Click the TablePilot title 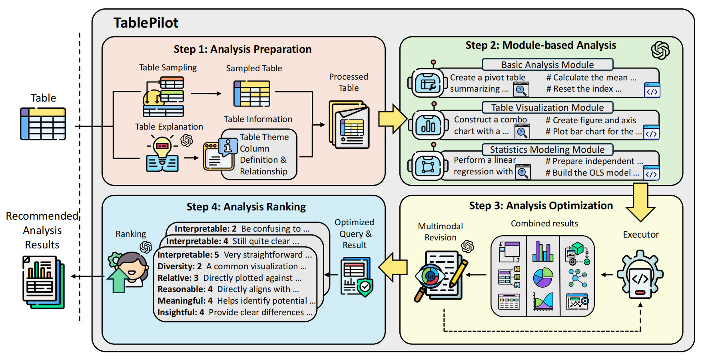point(146,23)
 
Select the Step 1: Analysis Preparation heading point(243,49)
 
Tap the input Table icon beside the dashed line point(43,124)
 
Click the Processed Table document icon point(349,125)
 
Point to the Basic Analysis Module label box point(548,64)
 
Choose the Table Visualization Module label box point(548,107)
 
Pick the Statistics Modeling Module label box point(547,150)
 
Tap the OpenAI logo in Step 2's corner point(660,50)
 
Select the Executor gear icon point(640,274)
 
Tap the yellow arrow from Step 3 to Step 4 point(393,267)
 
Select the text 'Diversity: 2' point(179,266)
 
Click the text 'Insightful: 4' point(181,312)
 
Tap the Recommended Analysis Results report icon point(43,282)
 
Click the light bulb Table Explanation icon point(162,154)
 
